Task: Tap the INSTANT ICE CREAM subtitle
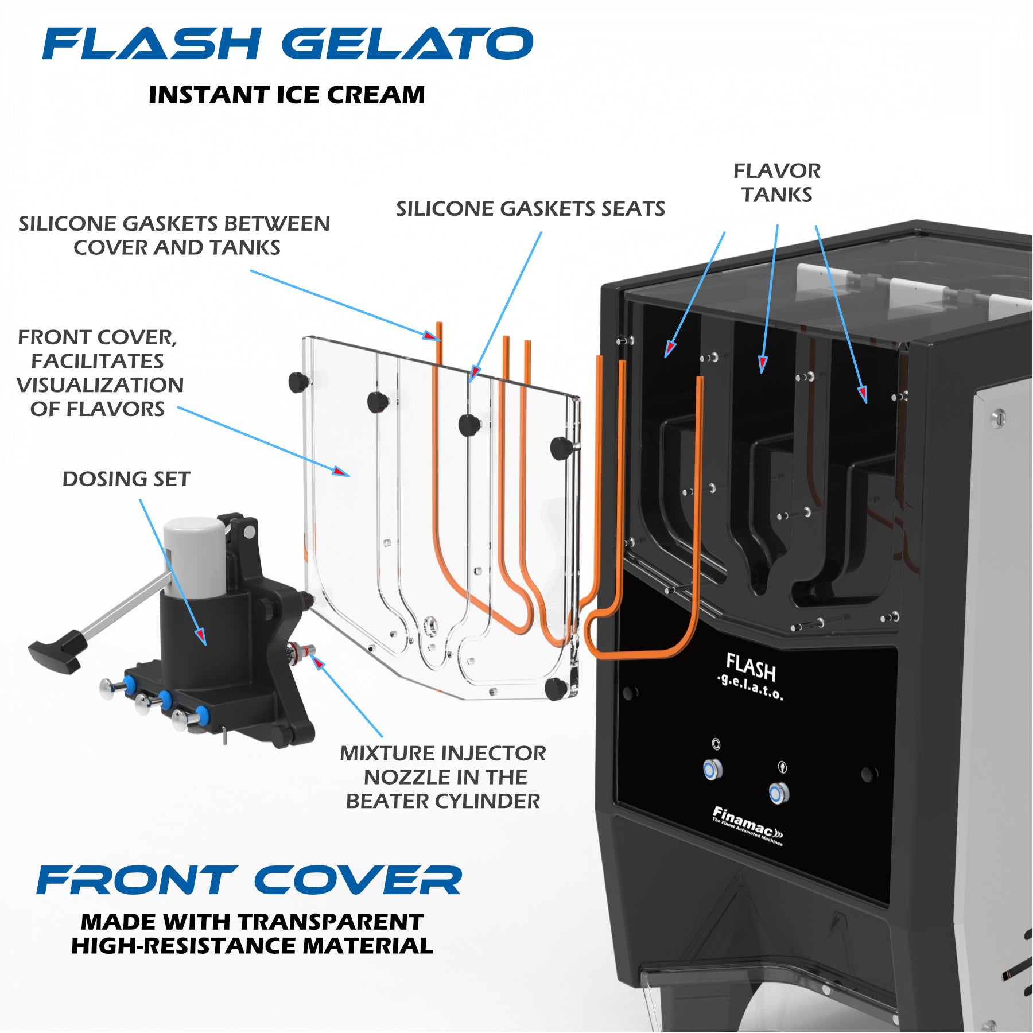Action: click(287, 95)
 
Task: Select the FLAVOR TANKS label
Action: click(776, 182)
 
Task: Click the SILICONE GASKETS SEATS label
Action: click(530, 209)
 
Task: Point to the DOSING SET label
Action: click(126, 479)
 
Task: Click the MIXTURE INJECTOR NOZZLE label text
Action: click(443, 777)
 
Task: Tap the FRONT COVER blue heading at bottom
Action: click(249, 880)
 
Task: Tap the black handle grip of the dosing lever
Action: click(56, 654)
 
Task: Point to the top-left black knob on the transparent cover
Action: click(297, 382)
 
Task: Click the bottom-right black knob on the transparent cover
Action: click(554, 689)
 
